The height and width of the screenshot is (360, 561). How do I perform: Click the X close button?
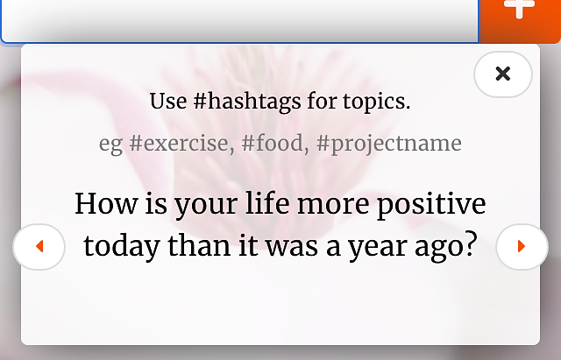502,74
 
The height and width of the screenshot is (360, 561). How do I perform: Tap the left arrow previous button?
39,246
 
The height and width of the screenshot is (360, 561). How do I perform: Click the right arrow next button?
522,246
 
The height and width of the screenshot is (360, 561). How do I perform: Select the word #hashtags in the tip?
247,102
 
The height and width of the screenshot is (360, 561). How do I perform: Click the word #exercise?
181,144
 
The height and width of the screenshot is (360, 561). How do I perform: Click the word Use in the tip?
168,102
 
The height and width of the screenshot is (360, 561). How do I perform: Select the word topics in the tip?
376,102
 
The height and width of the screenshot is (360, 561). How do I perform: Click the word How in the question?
106,204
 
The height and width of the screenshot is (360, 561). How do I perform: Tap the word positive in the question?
431,205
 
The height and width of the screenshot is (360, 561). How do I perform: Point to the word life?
267,203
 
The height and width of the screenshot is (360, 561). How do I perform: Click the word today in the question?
122,247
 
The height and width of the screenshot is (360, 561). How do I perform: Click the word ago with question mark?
446,247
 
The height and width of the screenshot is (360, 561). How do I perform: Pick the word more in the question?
333,205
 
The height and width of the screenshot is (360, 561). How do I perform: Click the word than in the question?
199,245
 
